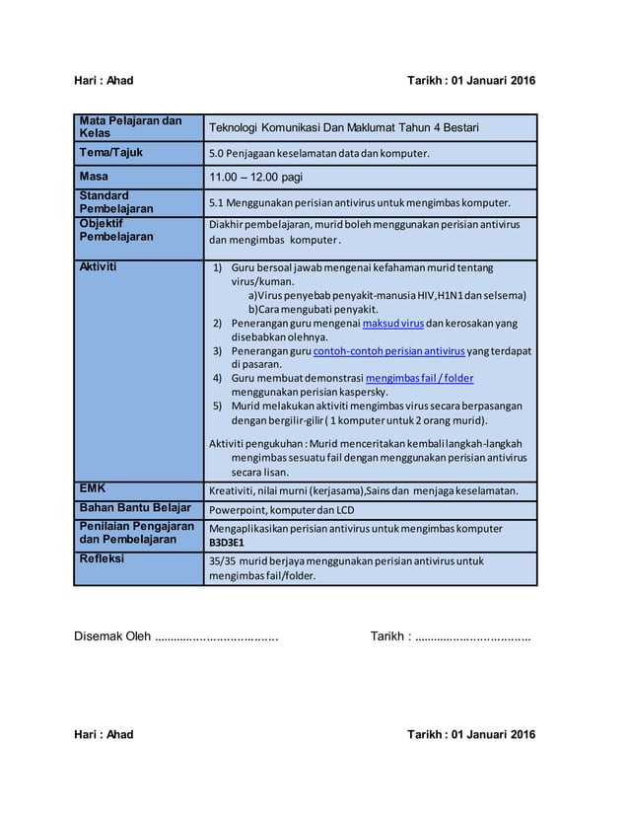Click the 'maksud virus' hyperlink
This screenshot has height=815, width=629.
[393, 323]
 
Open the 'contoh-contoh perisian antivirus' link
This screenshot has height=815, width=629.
[388, 350]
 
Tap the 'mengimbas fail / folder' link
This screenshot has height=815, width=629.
[419, 378]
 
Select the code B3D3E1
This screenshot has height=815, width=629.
[227, 543]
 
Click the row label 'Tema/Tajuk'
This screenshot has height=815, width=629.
[111, 153]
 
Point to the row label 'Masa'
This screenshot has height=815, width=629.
[96, 176]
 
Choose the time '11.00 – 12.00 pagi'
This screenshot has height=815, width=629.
[254, 178]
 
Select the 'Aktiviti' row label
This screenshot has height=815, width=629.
[100, 266]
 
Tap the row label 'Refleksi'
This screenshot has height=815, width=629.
[103, 558]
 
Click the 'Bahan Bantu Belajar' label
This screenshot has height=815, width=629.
[135, 508]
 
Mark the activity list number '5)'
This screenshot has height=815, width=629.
[219, 406]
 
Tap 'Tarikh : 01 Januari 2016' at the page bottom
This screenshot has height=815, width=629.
[471, 735]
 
